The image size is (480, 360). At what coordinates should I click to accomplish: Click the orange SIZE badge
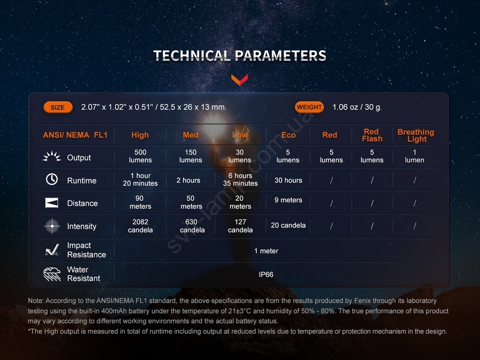58,108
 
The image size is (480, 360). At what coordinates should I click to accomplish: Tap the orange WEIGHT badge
309,107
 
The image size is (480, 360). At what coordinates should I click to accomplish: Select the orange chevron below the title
240,80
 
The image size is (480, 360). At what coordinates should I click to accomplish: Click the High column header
140,135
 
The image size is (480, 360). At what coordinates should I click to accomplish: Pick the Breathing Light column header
416,135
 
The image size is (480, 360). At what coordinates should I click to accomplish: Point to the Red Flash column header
372,135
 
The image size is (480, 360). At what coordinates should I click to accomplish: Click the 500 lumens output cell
140,156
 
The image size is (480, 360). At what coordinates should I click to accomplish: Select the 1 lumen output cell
415,156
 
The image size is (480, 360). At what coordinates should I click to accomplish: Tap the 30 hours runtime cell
288,180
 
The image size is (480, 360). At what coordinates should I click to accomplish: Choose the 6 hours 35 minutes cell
240,180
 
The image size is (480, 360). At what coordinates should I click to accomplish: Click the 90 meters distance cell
140,203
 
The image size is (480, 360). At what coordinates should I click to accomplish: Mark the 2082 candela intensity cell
140,226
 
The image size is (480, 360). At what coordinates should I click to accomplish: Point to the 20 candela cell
288,225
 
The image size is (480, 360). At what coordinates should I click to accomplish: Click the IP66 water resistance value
266,275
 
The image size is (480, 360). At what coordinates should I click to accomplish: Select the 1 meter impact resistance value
266,251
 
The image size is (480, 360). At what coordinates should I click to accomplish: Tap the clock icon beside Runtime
52,179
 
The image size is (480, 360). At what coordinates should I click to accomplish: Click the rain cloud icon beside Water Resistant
52,274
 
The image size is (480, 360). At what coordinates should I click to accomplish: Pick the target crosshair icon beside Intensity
52,226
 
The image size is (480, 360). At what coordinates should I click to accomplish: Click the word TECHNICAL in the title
192,56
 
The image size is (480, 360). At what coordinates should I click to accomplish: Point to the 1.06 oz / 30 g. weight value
357,107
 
